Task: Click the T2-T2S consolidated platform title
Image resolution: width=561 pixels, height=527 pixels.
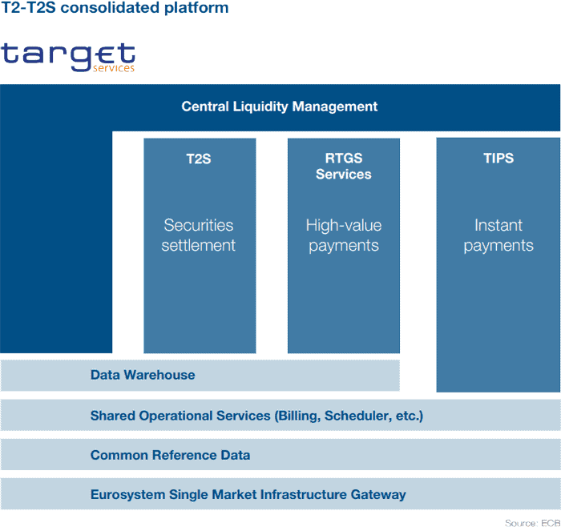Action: [115, 8]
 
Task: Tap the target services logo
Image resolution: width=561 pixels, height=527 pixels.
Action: [68, 57]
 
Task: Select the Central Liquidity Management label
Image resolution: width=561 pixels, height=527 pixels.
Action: [280, 107]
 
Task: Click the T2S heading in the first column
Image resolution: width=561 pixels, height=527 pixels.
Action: [199, 159]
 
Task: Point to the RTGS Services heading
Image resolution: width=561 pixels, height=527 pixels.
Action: [344, 167]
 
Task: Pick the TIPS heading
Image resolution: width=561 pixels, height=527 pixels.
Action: [498, 158]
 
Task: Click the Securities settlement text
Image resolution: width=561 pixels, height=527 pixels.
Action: [199, 235]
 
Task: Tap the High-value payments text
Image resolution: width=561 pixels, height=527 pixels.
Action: [344, 235]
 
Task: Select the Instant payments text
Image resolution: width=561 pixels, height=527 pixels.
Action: [498, 235]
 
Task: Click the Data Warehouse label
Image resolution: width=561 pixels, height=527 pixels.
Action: [143, 375]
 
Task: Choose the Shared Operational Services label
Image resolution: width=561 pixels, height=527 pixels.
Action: [257, 416]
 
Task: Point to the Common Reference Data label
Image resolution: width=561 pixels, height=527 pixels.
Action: [170, 455]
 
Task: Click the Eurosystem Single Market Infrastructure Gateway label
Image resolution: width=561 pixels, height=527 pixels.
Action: [248, 494]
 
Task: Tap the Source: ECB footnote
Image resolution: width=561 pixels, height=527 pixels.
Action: [533, 523]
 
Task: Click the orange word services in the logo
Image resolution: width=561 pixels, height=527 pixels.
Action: [114, 68]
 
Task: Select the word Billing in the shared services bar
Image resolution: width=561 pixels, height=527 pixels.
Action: [297, 416]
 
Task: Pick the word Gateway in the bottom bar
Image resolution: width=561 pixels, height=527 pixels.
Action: [378, 495]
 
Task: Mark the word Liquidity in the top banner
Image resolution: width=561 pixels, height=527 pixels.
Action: [260, 107]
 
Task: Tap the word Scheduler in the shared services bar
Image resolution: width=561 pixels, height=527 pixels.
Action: [358, 416]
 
